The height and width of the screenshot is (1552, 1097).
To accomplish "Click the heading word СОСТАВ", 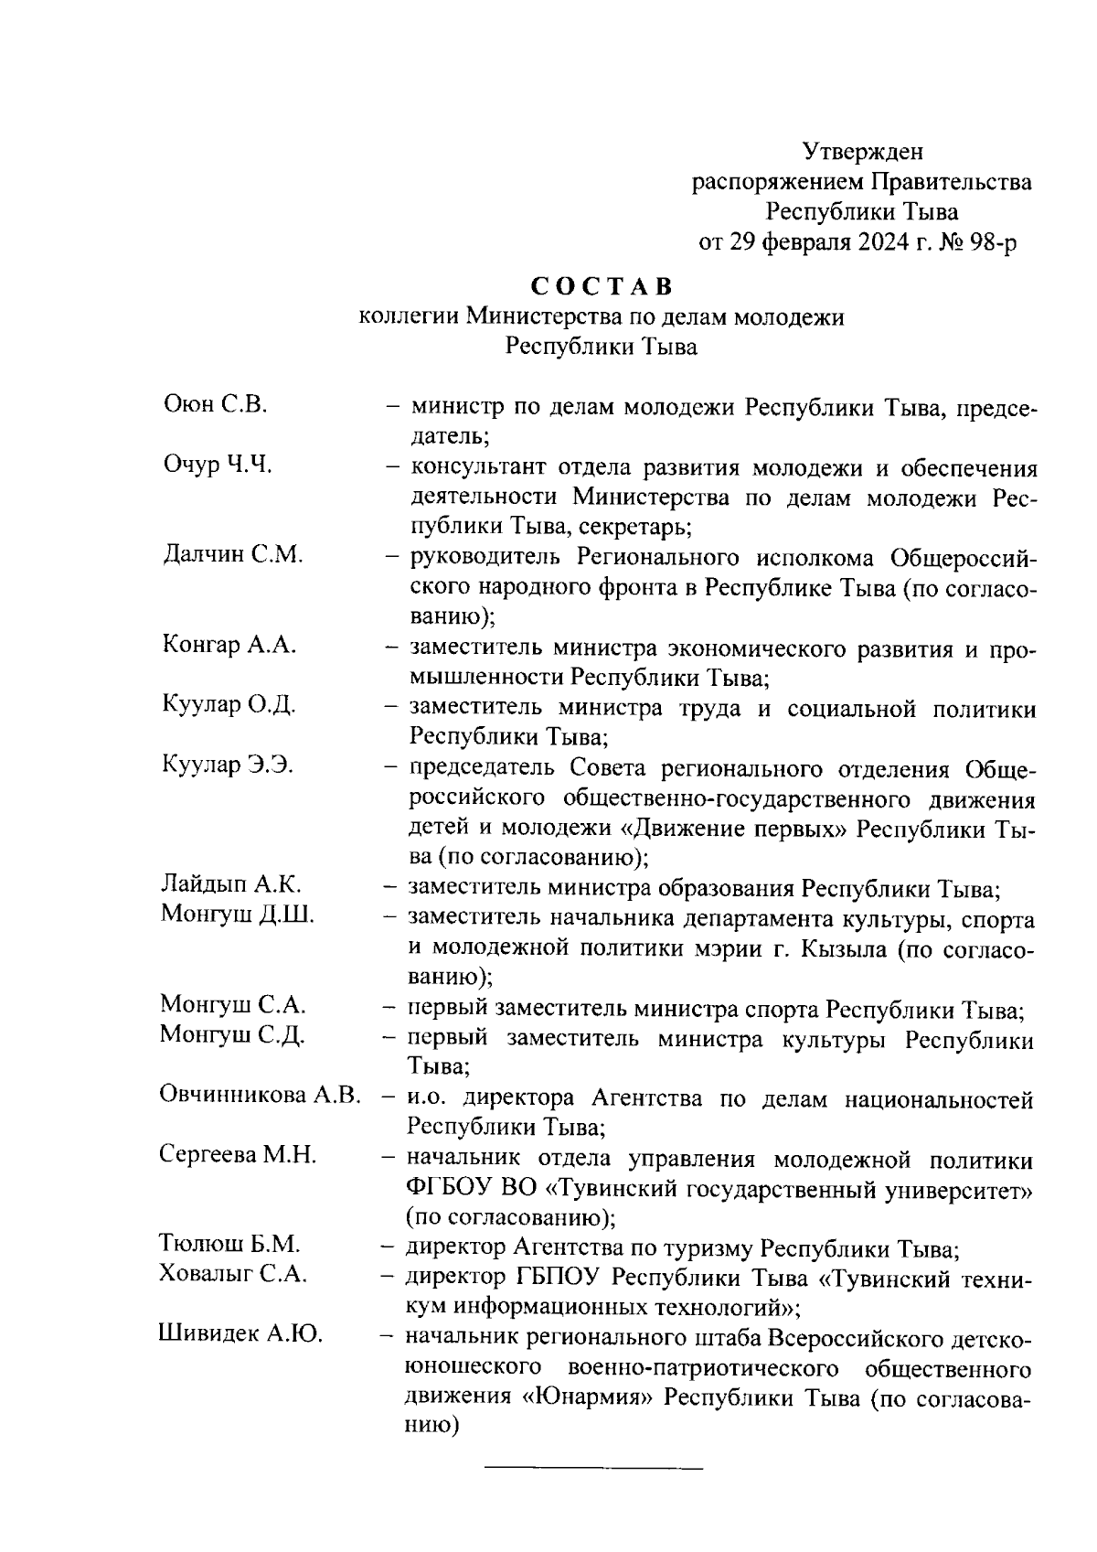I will click(x=602, y=286).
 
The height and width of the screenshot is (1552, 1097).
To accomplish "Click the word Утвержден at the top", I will click(x=862, y=151).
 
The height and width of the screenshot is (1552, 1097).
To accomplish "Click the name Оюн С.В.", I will click(x=215, y=404).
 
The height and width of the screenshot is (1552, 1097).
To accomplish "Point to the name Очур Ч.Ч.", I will click(x=218, y=465).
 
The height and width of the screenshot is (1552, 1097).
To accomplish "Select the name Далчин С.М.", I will click(x=232, y=554).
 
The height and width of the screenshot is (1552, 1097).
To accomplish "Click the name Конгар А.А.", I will click(x=229, y=645).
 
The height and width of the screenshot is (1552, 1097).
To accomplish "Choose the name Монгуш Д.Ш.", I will click(x=237, y=914).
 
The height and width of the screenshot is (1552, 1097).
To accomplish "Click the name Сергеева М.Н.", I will click(x=238, y=1155).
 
